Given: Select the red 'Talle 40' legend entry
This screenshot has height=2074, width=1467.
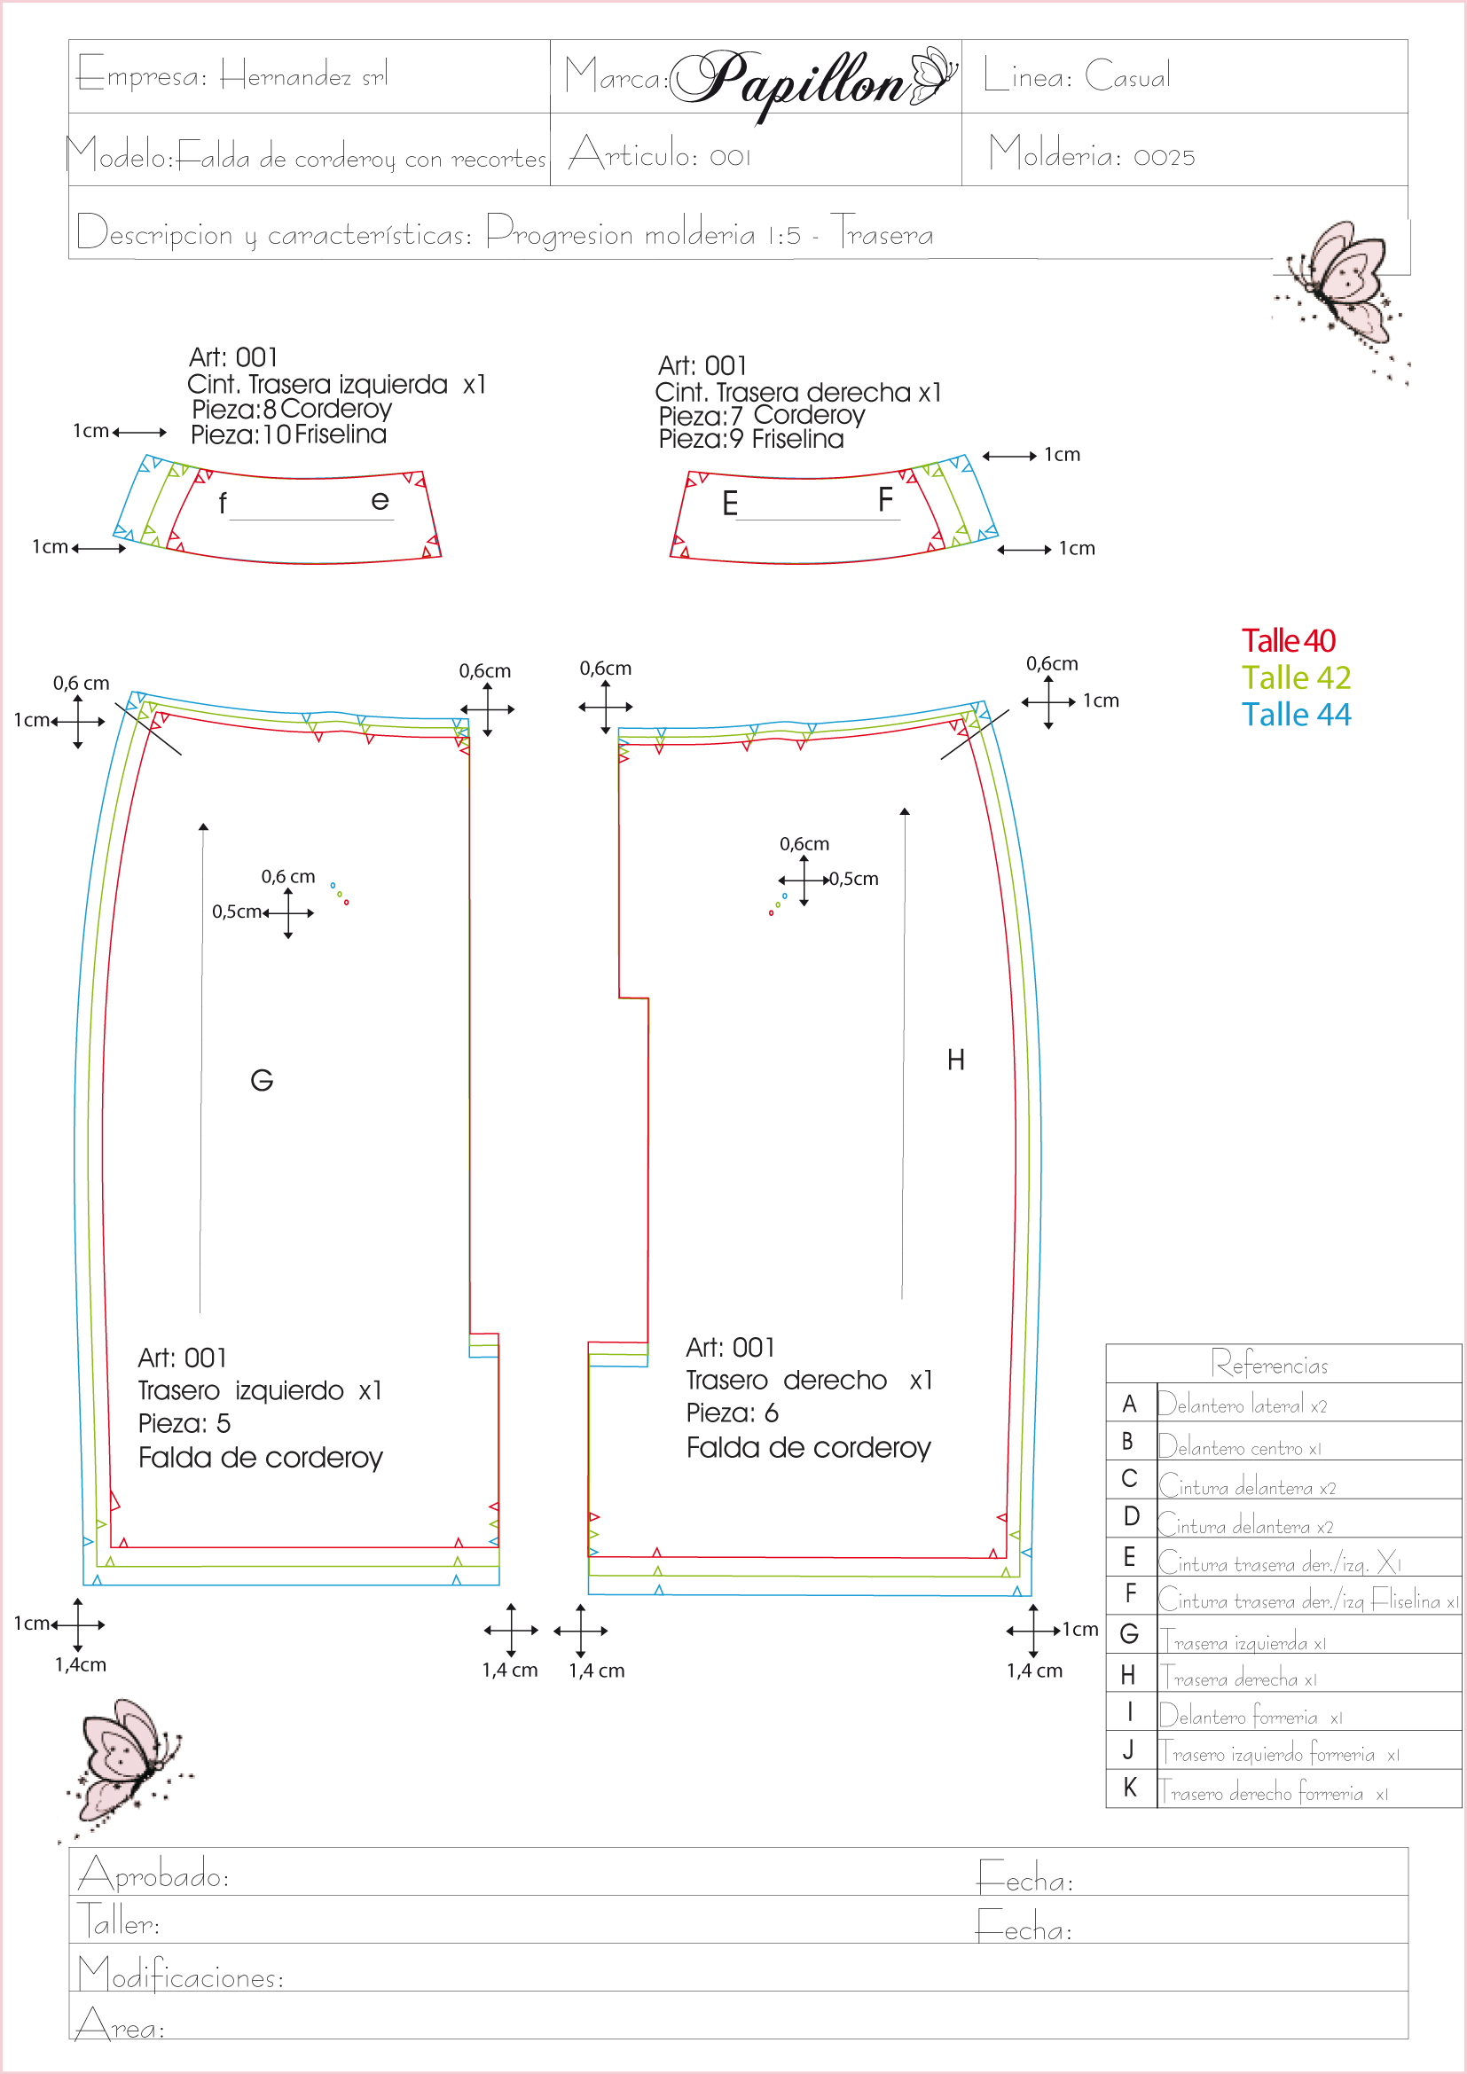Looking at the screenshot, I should coord(1288,640).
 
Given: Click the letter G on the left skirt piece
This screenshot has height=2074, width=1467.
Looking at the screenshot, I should coord(262,1080).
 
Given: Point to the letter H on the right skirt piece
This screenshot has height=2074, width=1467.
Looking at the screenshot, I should coord(956,1060).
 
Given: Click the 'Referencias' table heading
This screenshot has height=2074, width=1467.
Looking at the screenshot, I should coord(1269,1364).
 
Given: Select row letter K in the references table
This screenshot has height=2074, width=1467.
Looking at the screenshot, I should coord(1130,1788).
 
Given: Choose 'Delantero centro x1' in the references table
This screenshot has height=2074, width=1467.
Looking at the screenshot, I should coord(1239,1447).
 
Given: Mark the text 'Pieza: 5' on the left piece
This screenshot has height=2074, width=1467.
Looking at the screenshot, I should coord(184,1424).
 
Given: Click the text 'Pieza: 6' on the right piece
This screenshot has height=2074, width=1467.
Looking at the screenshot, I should coord(732,1413).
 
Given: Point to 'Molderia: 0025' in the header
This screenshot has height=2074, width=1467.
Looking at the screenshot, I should coord(1091,153).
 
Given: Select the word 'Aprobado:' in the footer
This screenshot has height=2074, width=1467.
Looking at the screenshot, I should coord(153,1875).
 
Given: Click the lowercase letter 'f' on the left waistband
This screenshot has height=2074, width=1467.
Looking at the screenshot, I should coord(223,504).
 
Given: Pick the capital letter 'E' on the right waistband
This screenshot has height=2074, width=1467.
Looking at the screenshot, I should coord(730,503).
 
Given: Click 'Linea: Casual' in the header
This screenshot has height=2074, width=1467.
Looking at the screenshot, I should coord(1077,76).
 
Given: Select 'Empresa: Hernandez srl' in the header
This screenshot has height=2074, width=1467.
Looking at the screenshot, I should coord(232,76).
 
